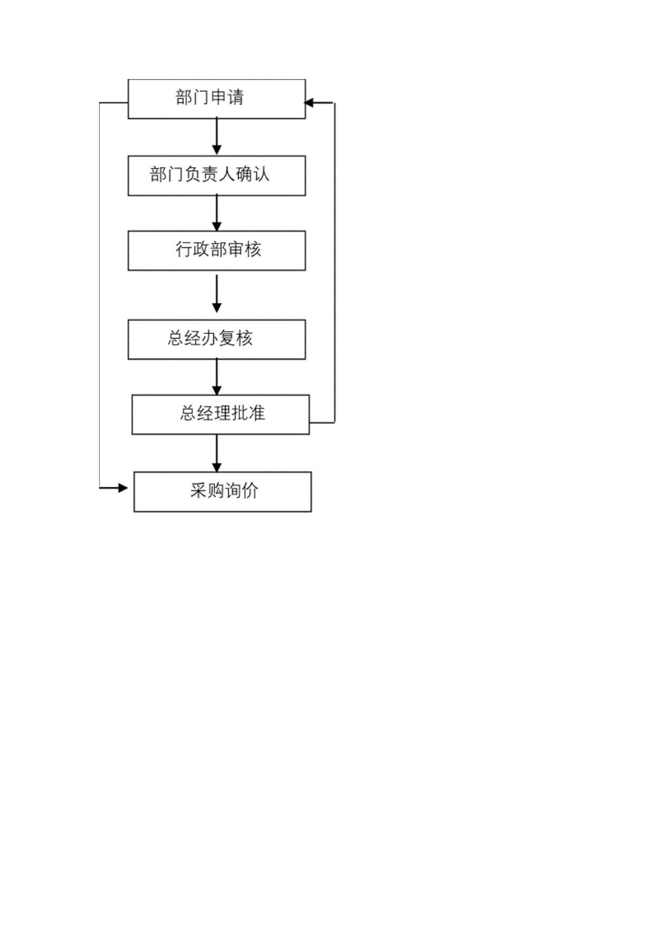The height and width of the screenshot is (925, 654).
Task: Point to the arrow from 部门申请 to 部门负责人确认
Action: [x=217, y=137]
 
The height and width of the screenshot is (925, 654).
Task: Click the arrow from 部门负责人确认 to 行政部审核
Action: [x=217, y=213]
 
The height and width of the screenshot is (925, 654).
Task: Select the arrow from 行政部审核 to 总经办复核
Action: [x=217, y=294]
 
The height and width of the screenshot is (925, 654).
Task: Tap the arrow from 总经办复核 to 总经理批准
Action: [x=217, y=377]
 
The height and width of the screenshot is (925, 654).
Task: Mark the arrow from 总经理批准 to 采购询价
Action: [x=217, y=454]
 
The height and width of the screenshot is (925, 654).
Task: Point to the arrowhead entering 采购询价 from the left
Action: [x=123, y=488]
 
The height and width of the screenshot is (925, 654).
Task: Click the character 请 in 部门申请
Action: [x=236, y=97]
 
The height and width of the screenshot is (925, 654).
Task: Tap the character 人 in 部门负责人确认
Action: [x=227, y=174]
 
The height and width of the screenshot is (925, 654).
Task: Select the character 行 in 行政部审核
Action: [x=184, y=249]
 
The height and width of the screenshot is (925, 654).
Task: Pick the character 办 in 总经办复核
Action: [x=210, y=338]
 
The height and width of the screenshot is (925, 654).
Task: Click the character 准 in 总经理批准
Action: [x=257, y=413]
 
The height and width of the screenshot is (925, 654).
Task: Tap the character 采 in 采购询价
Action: [x=199, y=490]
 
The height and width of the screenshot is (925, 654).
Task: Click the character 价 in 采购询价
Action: [x=250, y=490]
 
